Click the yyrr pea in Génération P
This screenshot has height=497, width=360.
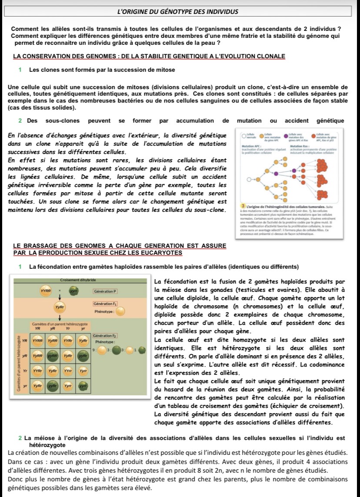coord(74,289)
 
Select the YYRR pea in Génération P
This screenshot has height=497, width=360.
coord(45,289)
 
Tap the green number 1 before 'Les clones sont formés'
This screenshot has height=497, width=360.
coord(20,70)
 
